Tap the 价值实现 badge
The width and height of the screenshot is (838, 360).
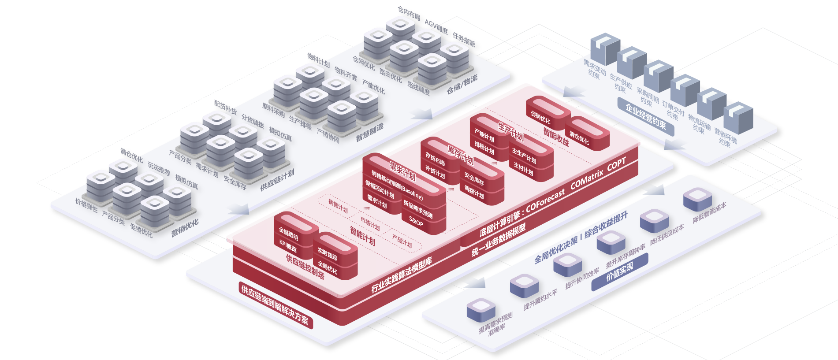(x=620, y=272)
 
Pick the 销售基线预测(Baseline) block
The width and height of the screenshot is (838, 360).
(x=397, y=185)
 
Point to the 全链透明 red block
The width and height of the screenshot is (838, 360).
(x=289, y=234)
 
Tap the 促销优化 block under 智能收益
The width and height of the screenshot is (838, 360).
(x=540, y=117)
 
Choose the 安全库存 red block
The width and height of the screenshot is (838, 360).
(x=474, y=179)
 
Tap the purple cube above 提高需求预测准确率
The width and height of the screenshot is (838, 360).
(x=481, y=308)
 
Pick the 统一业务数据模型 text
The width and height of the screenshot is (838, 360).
(x=499, y=240)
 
